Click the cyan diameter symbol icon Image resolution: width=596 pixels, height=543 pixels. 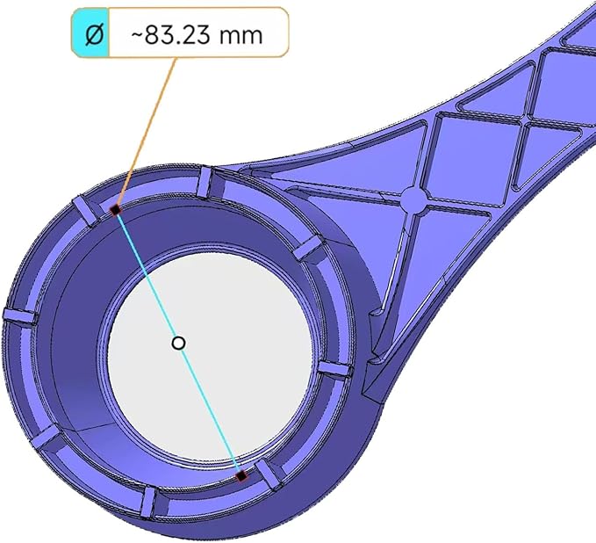click(x=90, y=33)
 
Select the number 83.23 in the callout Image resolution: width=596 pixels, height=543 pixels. click(x=177, y=35)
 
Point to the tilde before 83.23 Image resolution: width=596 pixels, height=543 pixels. click(x=137, y=34)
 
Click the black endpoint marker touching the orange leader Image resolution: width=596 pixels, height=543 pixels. click(x=115, y=210)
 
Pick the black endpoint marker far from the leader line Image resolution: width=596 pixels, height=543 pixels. click(x=241, y=475)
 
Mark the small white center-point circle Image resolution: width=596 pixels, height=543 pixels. click(x=178, y=344)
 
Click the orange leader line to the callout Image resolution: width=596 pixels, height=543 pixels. click(x=146, y=133)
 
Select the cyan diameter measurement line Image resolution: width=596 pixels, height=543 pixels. click(x=178, y=343)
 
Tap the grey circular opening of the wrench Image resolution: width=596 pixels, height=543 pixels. click(x=210, y=357)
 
